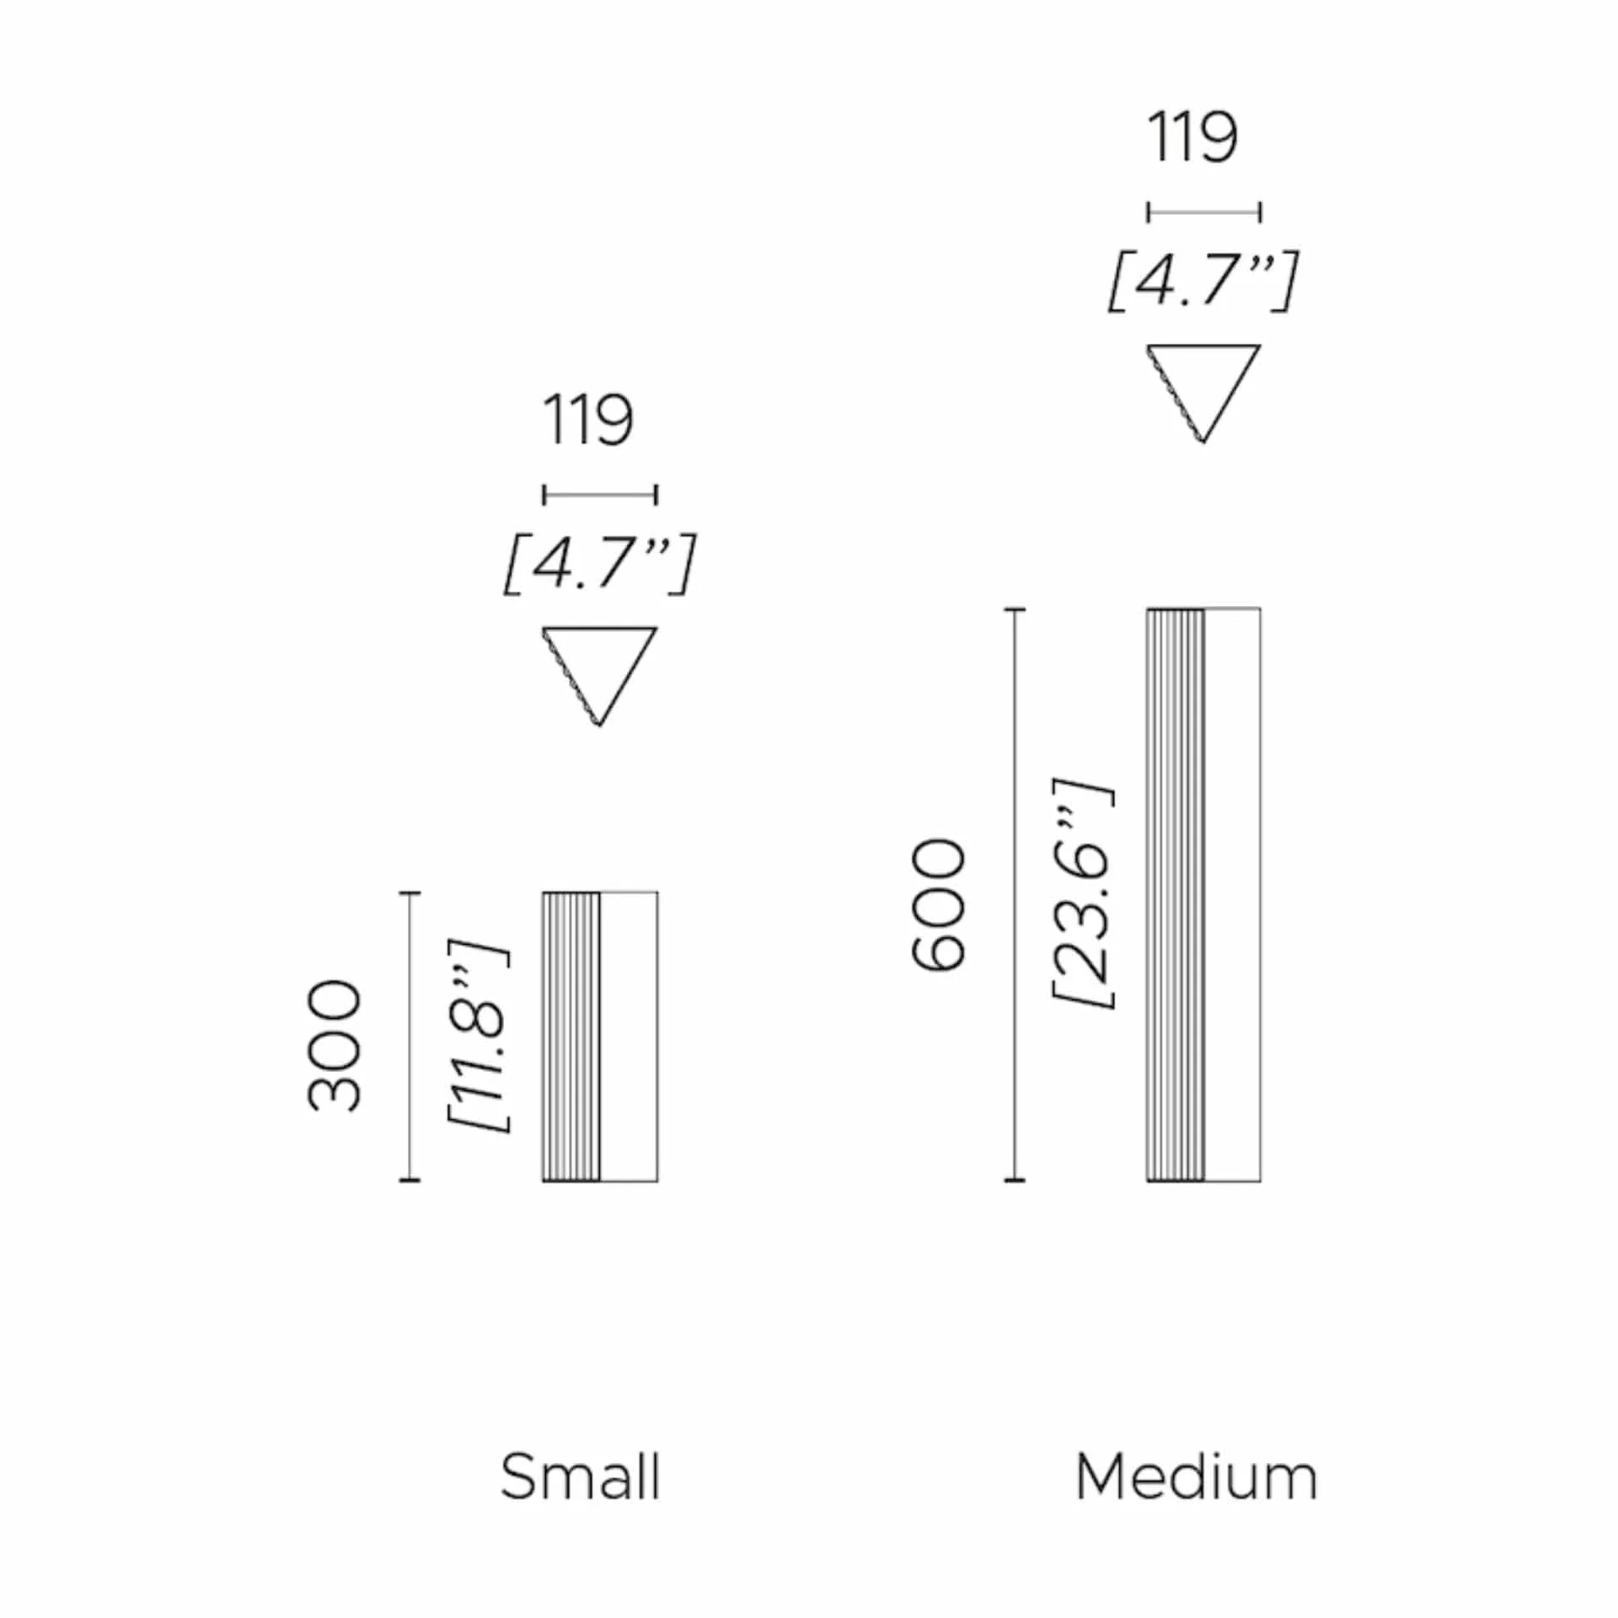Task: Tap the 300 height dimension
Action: coord(335,1046)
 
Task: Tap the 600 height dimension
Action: coord(938,905)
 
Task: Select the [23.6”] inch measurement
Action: coord(1083,893)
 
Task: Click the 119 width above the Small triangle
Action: coord(587,420)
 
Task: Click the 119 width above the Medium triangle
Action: coord(1192,137)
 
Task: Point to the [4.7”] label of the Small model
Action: coord(600,564)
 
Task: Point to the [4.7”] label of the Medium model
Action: coord(1203,281)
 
